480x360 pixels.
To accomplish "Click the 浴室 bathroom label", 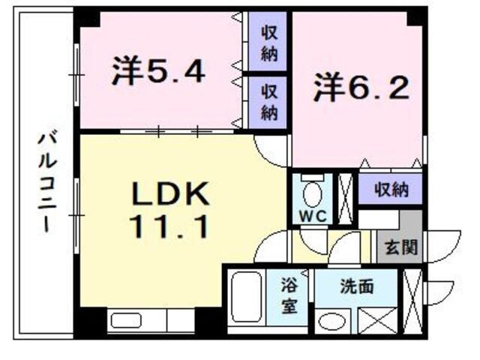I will tap(289, 298).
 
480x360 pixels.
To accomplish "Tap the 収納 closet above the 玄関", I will tap(390, 190).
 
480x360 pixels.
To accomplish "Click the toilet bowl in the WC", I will tap(312, 193).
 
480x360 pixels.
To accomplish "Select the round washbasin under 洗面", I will tap(331, 321).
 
